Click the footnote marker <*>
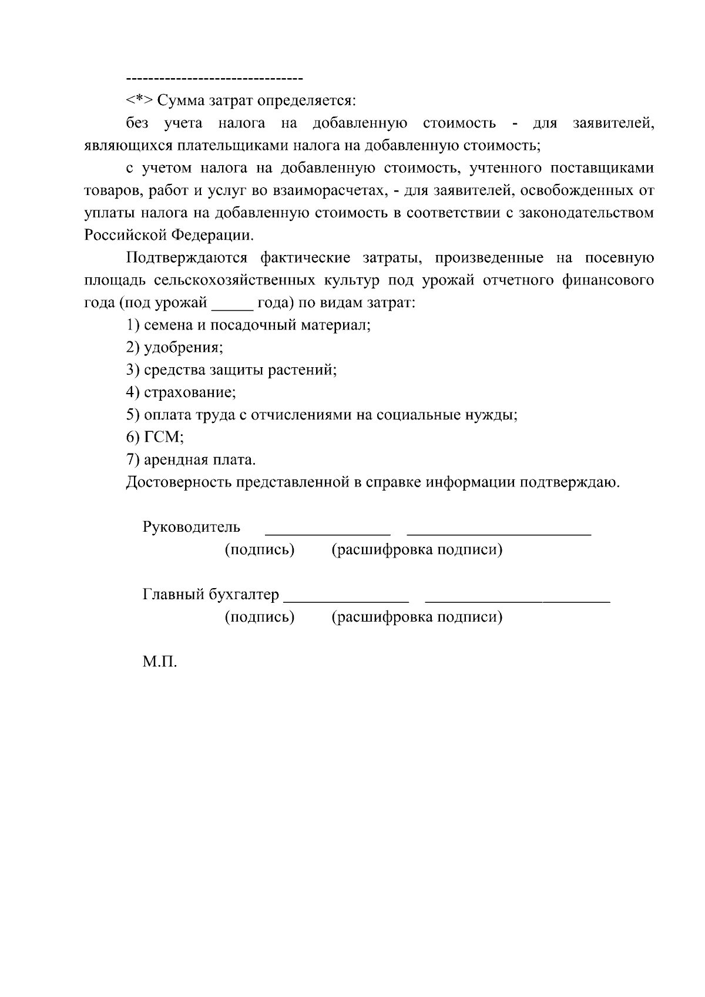pyautogui.click(x=139, y=101)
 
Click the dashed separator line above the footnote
pyautogui.click(x=214, y=78)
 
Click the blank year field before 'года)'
pyautogui.click(x=232, y=304)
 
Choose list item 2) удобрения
pyautogui.click(x=174, y=348)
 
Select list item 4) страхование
pyautogui.click(x=181, y=392)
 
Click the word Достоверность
pyautogui.click(x=179, y=482)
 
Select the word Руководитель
pyautogui.click(x=191, y=527)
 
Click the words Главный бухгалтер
pyautogui.click(x=210, y=595)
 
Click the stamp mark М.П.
pyautogui.click(x=159, y=662)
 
